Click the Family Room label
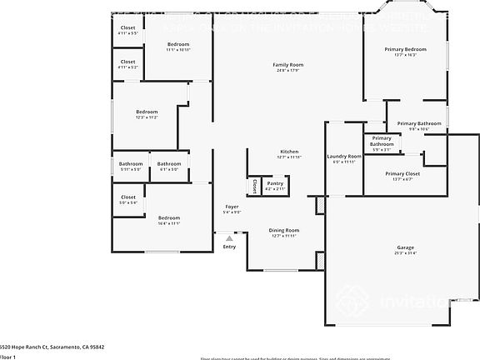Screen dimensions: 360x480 click(287, 64)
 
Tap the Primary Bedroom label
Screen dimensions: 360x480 click(406, 50)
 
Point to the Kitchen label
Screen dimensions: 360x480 click(288, 152)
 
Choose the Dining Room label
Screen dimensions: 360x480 click(283, 230)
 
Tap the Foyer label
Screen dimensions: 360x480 click(232, 207)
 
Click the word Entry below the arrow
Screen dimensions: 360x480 click(229, 247)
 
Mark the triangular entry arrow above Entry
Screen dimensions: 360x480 click(229, 237)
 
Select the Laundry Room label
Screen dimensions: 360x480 click(343, 156)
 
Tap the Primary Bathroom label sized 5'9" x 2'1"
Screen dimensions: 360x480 click(382, 141)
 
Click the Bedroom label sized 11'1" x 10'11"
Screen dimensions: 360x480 click(178, 44)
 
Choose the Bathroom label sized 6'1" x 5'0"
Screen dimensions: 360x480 click(169, 163)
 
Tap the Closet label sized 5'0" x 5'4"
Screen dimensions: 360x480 click(127, 197)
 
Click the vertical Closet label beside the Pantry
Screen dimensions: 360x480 click(254, 186)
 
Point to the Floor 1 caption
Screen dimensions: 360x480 click(8, 356)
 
